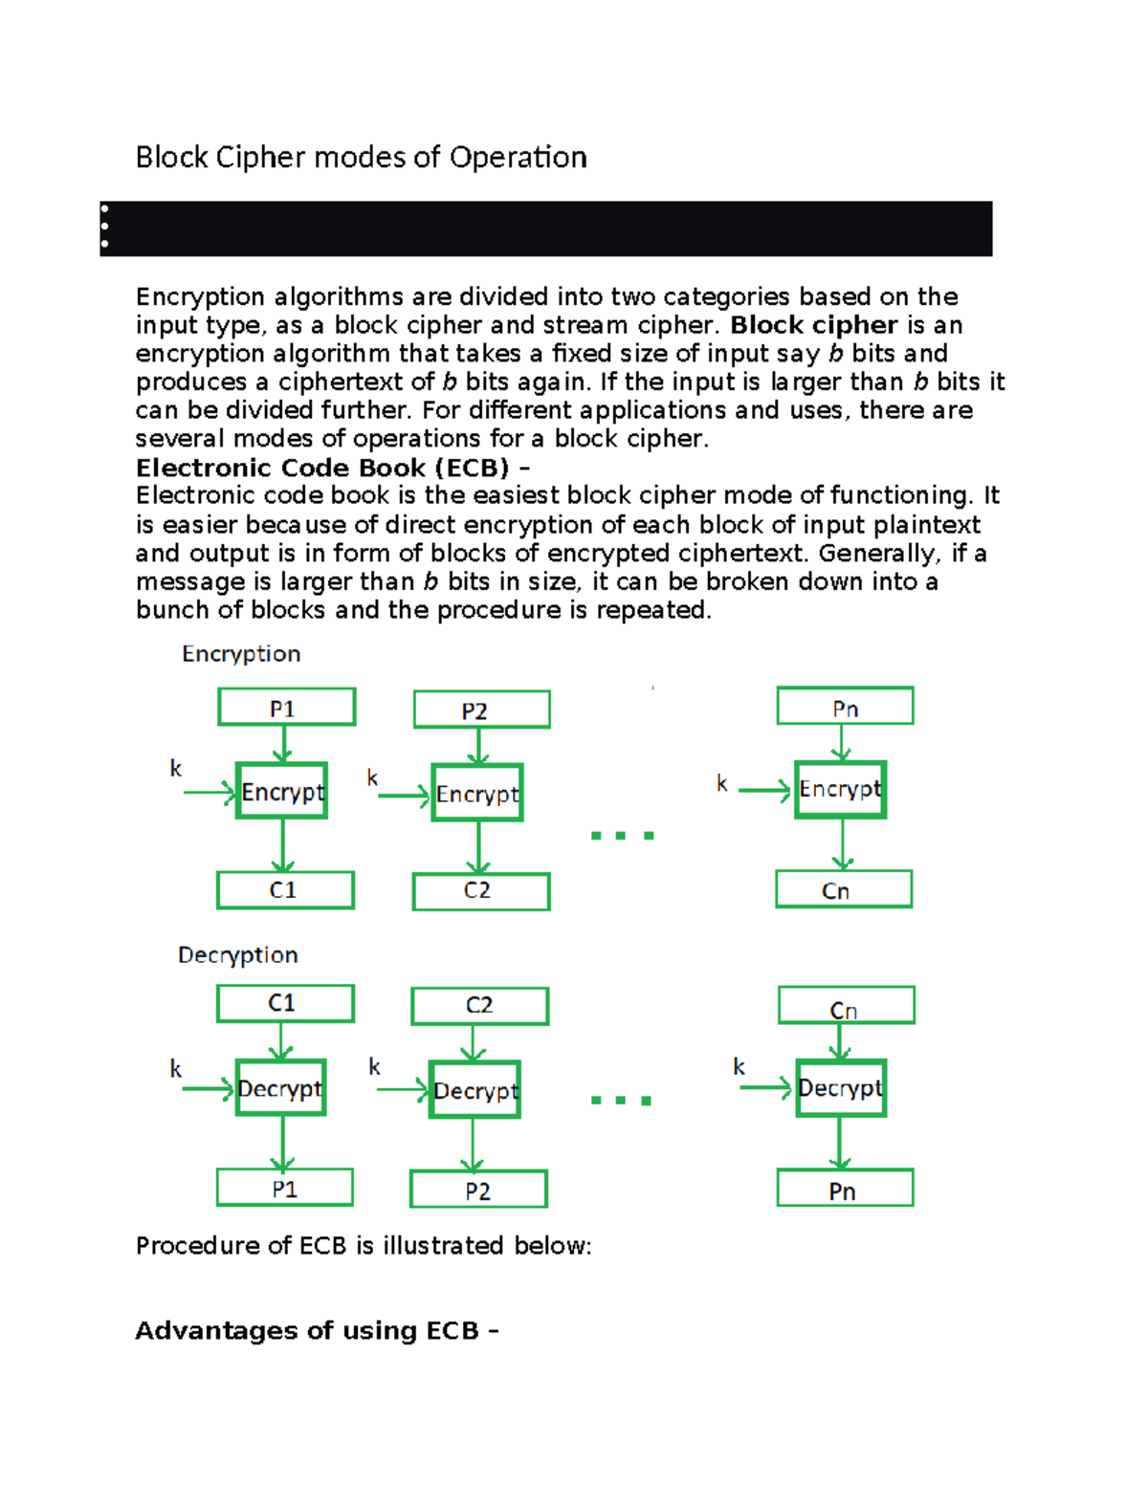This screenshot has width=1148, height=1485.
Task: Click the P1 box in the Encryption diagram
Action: tap(287, 708)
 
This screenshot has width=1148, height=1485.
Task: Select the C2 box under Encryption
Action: tap(481, 891)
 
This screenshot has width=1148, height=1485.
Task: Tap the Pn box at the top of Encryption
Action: tap(845, 707)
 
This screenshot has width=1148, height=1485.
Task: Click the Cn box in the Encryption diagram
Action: tap(843, 889)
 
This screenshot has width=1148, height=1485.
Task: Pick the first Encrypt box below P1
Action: tap(282, 791)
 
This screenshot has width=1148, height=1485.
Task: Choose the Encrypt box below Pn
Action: tap(840, 789)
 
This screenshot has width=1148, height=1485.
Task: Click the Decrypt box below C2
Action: tap(475, 1090)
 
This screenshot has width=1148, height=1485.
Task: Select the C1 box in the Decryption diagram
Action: tap(285, 1003)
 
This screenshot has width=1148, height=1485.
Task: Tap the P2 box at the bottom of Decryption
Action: tap(478, 1190)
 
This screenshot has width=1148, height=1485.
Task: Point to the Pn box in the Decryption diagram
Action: tap(845, 1189)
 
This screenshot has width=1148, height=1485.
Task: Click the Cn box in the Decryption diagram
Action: tap(846, 1006)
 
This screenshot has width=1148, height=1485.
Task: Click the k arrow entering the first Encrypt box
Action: tap(209, 792)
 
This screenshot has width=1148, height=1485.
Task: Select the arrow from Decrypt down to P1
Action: tap(282, 1143)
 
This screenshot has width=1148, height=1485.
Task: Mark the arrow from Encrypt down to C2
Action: tap(478, 847)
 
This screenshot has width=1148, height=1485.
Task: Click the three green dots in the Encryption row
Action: tap(622, 836)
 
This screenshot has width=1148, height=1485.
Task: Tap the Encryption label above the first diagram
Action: tap(241, 654)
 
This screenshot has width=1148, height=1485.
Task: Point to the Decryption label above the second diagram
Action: tap(238, 955)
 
